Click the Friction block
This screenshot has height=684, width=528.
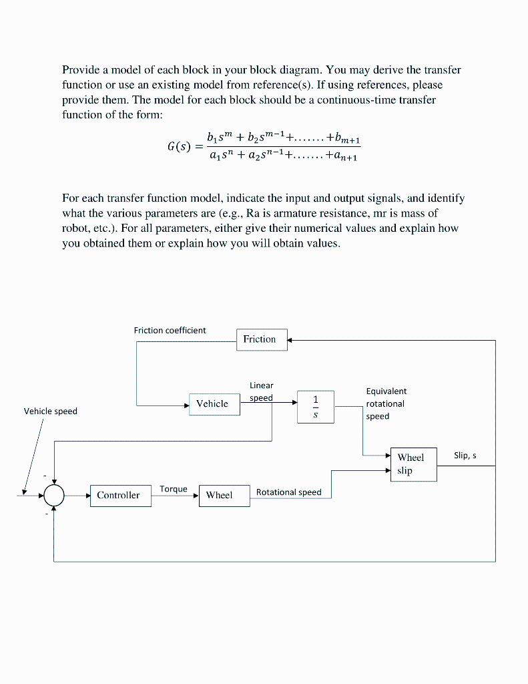point(261,339)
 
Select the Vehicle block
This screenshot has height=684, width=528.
point(214,403)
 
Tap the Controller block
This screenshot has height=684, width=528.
point(119,495)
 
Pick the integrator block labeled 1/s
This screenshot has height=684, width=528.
point(316,407)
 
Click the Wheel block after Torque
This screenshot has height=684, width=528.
point(224,495)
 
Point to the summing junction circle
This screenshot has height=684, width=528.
point(54,496)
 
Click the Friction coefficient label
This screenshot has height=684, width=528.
point(170,330)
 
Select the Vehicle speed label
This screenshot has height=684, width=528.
point(50,411)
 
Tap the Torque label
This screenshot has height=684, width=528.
point(174,489)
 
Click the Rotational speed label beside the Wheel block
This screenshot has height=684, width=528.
point(288,492)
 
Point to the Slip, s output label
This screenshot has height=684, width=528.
point(465,456)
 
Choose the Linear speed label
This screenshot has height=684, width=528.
point(261,391)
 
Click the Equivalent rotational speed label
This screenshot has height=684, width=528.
point(386,403)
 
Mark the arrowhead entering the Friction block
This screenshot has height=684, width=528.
point(290,340)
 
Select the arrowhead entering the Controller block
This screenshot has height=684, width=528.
point(87,496)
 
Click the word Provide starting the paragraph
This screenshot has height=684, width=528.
point(80,69)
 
